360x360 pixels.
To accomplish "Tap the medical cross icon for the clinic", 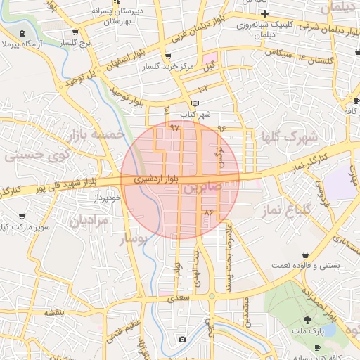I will point(264,13).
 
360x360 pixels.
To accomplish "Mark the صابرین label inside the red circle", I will point(202,187).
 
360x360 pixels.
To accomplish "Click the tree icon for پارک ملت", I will point(307,321).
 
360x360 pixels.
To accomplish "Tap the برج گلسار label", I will point(77,43).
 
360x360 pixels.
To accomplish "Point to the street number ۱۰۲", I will point(204,89).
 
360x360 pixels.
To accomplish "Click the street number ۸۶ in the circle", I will point(208,211).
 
